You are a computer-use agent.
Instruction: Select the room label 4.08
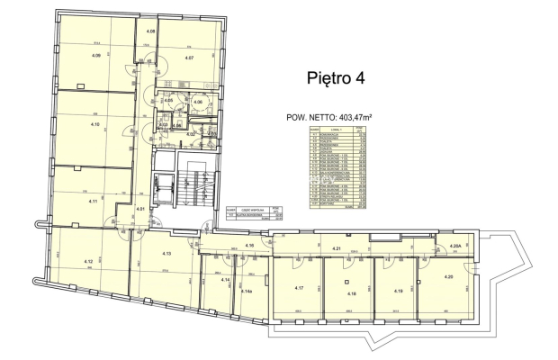[x=151, y=32]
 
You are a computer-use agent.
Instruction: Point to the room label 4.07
[x=190, y=58]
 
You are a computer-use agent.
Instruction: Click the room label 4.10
[x=94, y=124]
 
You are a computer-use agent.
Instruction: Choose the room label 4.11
[x=94, y=201]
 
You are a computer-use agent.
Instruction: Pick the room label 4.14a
[x=247, y=291]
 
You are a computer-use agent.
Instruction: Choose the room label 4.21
[x=362, y=248]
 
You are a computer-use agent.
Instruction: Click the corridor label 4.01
[x=140, y=210]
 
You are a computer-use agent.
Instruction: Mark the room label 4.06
[x=197, y=103]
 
